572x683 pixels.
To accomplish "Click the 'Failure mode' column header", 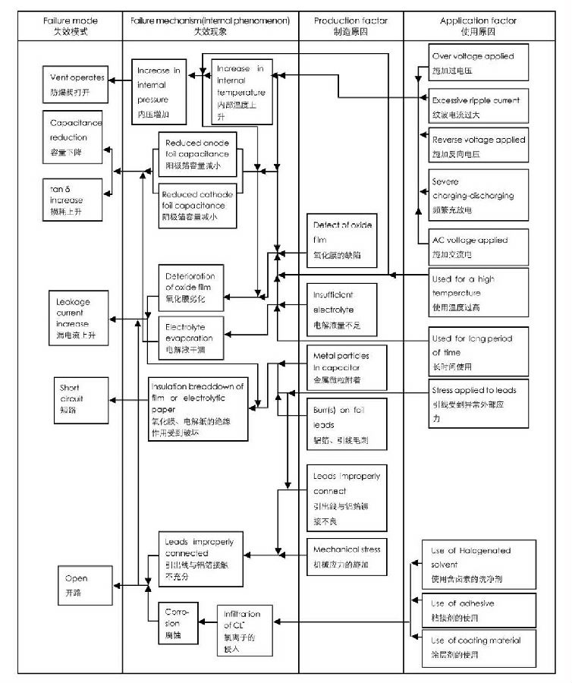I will pyautogui.click(x=71, y=27).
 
